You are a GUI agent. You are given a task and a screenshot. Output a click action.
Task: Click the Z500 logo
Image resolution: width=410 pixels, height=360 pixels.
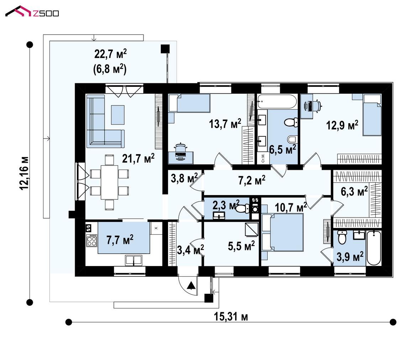(x=32, y=11)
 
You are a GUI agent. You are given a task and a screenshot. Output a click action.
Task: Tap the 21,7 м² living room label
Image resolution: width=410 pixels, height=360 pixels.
(x=138, y=158)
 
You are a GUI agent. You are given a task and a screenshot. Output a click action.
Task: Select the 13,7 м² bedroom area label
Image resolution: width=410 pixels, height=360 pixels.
(x=225, y=124)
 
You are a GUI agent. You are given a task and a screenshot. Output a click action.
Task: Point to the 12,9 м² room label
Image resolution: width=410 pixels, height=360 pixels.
(x=342, y=125)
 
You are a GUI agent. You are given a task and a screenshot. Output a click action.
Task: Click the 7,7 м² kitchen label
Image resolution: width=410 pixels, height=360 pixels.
(x=120, y=239)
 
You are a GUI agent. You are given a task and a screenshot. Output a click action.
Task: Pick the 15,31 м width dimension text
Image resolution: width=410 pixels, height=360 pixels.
(x=231, y=317)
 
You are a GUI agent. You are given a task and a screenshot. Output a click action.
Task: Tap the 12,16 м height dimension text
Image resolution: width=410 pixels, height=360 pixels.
(x=24, y=173)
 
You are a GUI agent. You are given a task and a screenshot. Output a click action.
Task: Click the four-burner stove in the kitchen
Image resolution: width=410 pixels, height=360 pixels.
(x=91, y=240)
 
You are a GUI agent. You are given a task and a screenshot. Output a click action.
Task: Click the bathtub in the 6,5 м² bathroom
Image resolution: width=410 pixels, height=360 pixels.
(x=277, y=101)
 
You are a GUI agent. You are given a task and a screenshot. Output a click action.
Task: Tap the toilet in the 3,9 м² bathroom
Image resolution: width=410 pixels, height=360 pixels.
(x=342, y=237)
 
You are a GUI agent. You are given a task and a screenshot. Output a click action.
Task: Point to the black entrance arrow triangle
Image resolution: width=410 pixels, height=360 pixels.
(x=191, y=285)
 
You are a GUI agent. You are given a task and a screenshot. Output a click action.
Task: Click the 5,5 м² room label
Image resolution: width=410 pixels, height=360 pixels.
(x=241, y=246)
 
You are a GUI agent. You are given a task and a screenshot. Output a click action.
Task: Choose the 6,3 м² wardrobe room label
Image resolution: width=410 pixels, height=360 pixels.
(x=354, y=191)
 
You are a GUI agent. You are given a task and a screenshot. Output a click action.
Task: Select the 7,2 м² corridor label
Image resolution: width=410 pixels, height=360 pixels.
(x=252, y=180)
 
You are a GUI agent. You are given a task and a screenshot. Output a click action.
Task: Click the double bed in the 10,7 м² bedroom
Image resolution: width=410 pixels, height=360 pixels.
(x=283, y=233)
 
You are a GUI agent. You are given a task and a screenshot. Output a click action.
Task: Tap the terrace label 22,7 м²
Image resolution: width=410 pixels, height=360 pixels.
(x=110, y=54)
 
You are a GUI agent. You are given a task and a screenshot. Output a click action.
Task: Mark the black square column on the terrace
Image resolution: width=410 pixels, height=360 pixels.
(x=165, y=49)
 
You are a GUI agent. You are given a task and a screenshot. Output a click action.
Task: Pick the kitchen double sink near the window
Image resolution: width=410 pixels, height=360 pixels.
(x=133, y=260)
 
